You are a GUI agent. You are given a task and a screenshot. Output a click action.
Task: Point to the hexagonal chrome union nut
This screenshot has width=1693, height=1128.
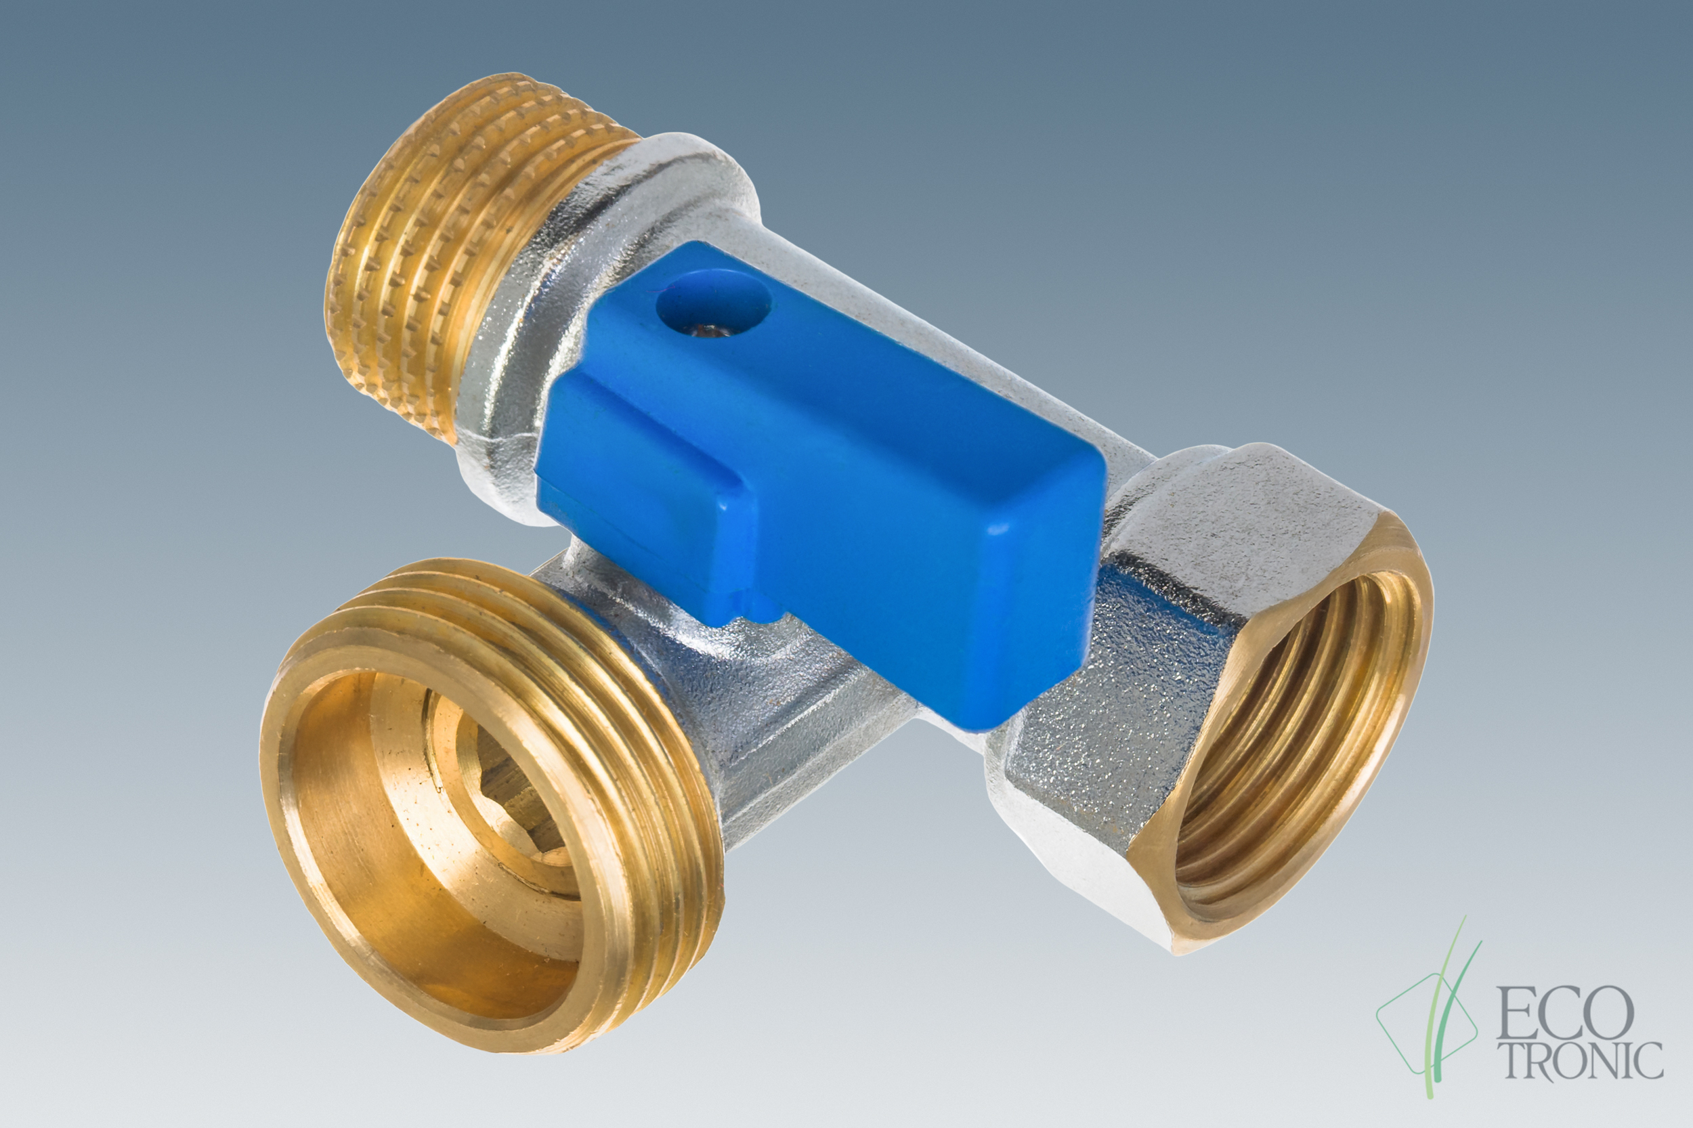(x=1216, y=691)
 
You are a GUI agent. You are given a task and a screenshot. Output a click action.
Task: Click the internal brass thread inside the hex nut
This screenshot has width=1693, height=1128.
(x=1288, y=748)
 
